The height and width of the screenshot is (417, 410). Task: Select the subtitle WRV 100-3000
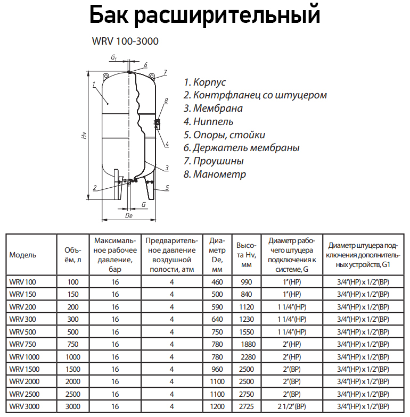point(126,41)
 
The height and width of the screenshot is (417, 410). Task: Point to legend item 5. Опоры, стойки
point(224,135)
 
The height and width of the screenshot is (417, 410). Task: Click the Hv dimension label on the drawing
point(84,135)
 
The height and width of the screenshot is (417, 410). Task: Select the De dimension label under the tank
point(128,215)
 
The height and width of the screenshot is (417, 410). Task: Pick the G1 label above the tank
point(114,56)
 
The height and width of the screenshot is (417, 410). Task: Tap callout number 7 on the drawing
point(166,72)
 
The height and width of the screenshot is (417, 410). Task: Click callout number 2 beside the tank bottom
point(94,187)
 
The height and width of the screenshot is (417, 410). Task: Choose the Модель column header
point(23,254)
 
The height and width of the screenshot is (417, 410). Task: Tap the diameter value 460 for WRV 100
point(217,282)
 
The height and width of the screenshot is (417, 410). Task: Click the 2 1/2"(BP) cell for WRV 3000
point(292,406)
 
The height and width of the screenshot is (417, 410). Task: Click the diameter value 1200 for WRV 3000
point(217,406)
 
